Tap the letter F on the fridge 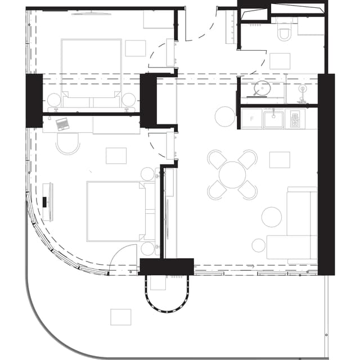coord(251,119)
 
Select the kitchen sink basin coord(273,119)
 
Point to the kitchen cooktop coord(295,119)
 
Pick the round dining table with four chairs coord(232,174)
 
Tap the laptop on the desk coord(62,123)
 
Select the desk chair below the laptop coord(68,143)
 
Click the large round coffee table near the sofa coord(272,217)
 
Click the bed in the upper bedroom coord(91,70)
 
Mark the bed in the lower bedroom coord(115,211)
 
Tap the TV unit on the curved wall coord(48,201)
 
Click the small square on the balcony coord(120,317)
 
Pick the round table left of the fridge coord(224,116)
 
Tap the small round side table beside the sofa coord(258,245)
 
